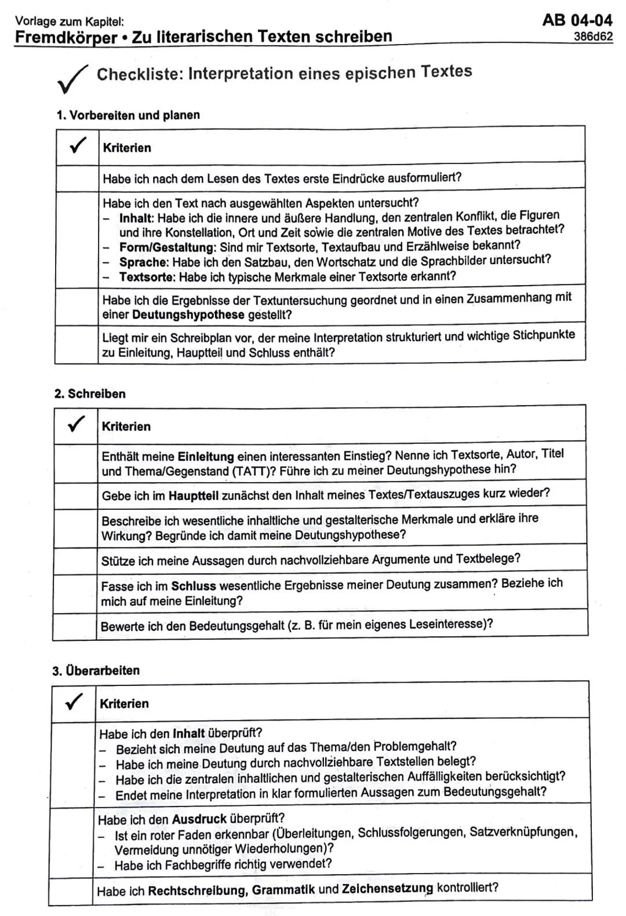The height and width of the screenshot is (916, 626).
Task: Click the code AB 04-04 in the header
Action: (577, 20)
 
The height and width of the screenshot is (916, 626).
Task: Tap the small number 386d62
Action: (593, 37)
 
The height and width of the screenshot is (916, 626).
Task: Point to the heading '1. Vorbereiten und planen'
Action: (128, 115)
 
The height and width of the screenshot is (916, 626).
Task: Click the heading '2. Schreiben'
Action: (90, 394)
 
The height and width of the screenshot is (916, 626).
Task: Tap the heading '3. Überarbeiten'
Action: (96, 671)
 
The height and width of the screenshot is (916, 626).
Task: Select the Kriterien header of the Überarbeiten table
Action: (124, 704)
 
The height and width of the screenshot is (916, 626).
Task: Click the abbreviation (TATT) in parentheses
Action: (254, 471)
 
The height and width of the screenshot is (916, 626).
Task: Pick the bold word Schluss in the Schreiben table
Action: (193, 586)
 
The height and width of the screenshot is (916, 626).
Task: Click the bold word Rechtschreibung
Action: (198, 891)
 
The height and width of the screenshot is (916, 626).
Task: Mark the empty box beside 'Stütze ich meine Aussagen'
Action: (75, 560)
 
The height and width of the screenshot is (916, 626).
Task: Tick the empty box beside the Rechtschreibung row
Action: (71, 891)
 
